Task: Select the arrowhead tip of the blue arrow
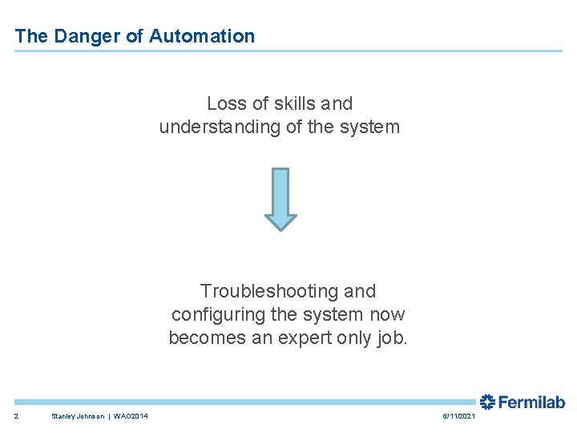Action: [x=280, y=228]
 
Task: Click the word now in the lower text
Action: [x=387, y=314]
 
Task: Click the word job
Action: [x=393, y=338]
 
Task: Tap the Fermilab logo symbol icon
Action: [x=487, y=402]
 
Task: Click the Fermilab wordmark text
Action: [x=532, y=402]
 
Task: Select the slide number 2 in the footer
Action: [x=16, y=415]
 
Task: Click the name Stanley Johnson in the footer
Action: [x=79, y=415]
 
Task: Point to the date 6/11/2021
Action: [x=458, y=415]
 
